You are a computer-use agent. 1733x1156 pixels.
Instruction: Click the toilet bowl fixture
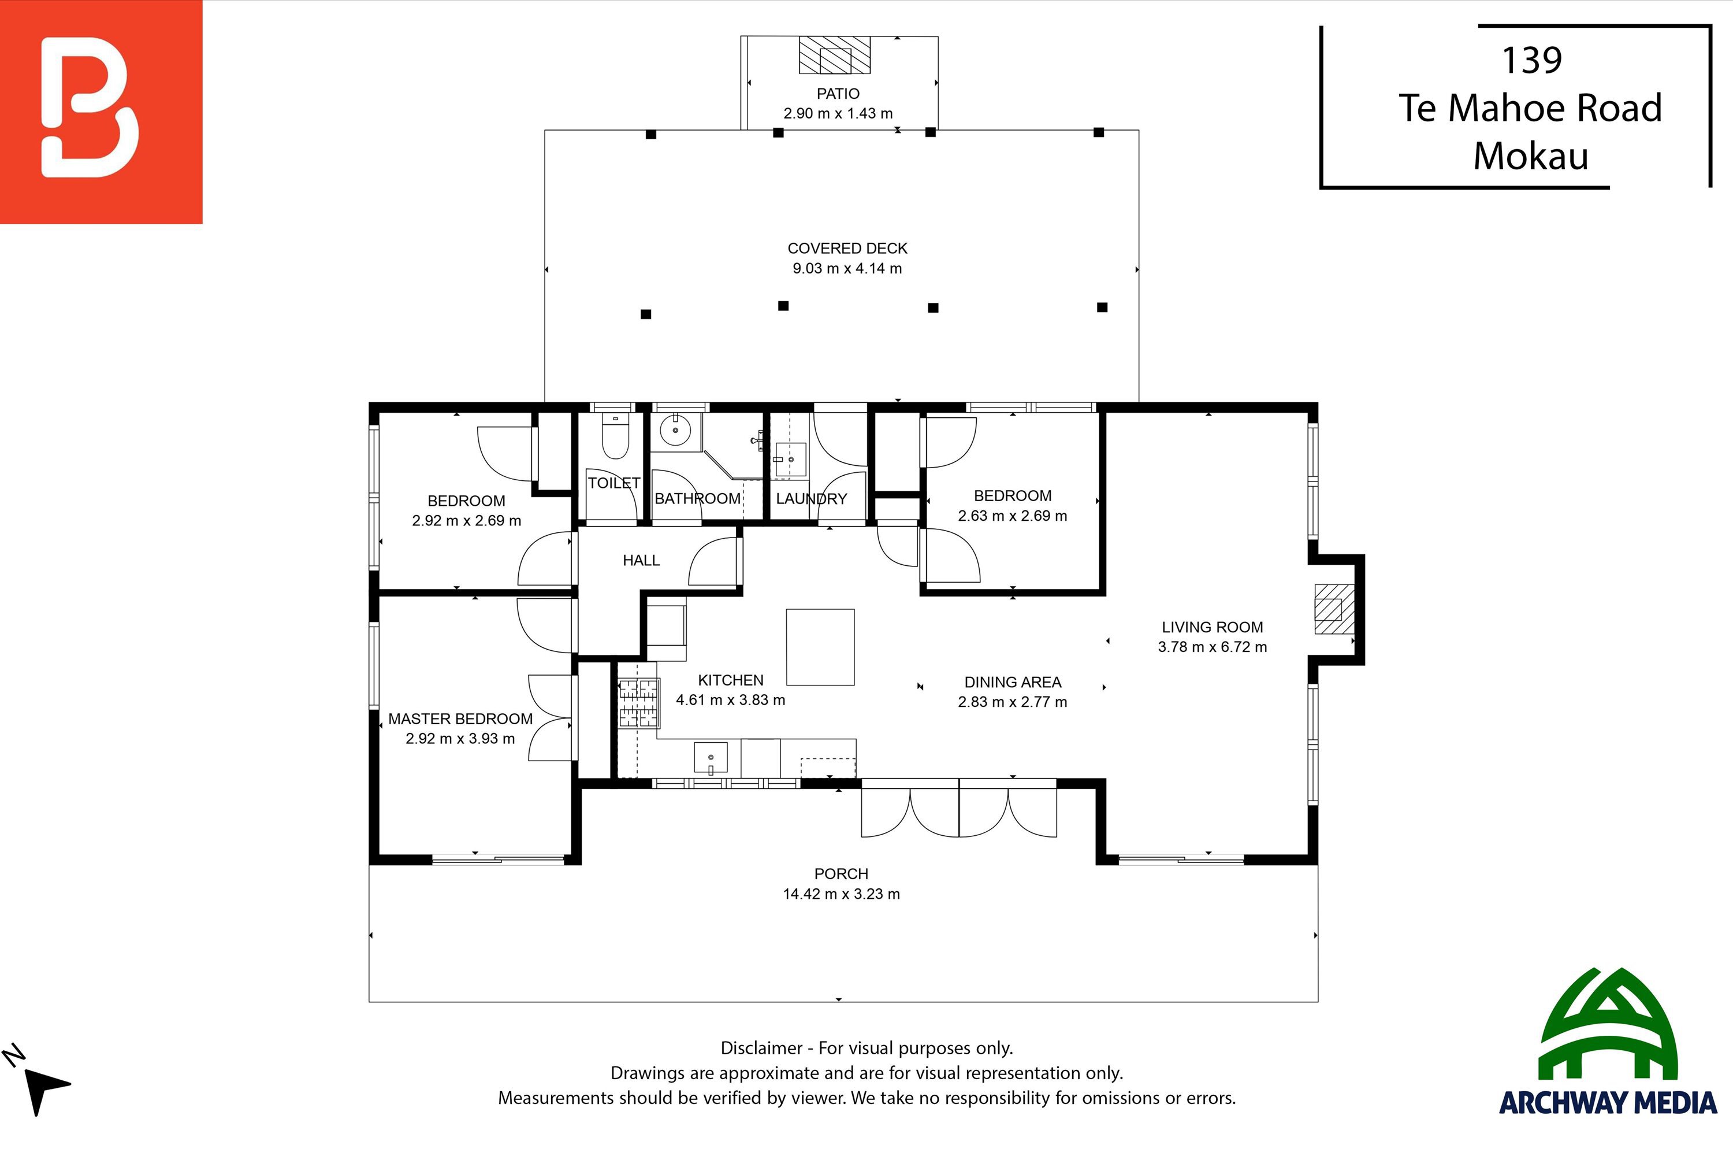[615, 435]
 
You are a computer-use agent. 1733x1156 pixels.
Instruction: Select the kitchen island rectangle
[820, 647]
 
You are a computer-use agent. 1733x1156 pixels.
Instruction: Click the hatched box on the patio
[835, 55]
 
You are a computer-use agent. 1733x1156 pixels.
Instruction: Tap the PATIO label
[838, 94]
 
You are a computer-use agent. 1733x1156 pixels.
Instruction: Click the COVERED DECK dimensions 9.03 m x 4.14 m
[847, 268]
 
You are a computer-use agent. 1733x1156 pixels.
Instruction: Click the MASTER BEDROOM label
[460, 719]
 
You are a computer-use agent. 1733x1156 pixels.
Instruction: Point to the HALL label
[641, 560]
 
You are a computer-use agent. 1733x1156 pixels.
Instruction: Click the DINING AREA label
[1013, 682]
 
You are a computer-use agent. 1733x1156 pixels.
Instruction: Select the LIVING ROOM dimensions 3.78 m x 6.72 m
[1213, 647]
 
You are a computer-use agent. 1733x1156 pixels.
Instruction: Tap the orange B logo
[101, 112]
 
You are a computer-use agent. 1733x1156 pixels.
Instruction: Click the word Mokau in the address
[1531, 155]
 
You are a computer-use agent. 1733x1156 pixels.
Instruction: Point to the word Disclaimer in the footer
[761, 1047]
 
